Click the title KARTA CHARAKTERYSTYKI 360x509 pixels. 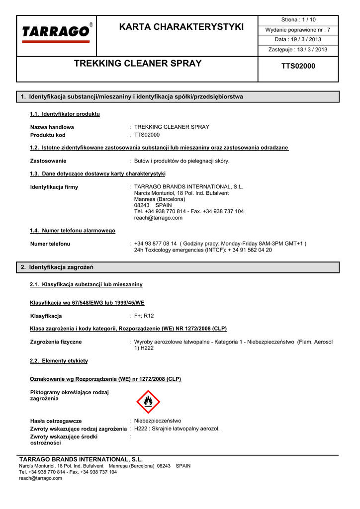coord(181,27)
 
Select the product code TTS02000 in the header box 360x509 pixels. coord(298,66)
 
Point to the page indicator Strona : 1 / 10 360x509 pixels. coord(298,20)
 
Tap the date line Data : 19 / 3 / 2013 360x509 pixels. coord(298,40)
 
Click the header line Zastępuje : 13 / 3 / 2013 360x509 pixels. coord(298,50)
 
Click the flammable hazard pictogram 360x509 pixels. coord(148,402)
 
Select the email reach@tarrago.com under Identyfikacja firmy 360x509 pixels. coord(158,218)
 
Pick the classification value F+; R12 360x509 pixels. coord(144,316)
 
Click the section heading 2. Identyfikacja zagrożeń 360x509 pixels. coord(58,267)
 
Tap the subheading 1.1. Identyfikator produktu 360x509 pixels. coord(65,114)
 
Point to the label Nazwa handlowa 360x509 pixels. coord(52,127)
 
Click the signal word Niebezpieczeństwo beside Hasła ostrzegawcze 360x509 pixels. coord(158,421)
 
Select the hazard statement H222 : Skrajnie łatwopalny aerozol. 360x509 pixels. coord(177,428)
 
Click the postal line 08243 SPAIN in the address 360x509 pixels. coord(153,205)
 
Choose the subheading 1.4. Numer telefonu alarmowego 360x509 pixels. coord(73,231)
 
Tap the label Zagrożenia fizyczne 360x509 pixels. coord(56,342)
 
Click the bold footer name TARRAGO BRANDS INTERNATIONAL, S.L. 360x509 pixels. coord(81,459)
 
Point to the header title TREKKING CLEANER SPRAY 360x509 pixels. coord(138,64)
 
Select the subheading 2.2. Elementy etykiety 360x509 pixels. coord(59,360)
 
